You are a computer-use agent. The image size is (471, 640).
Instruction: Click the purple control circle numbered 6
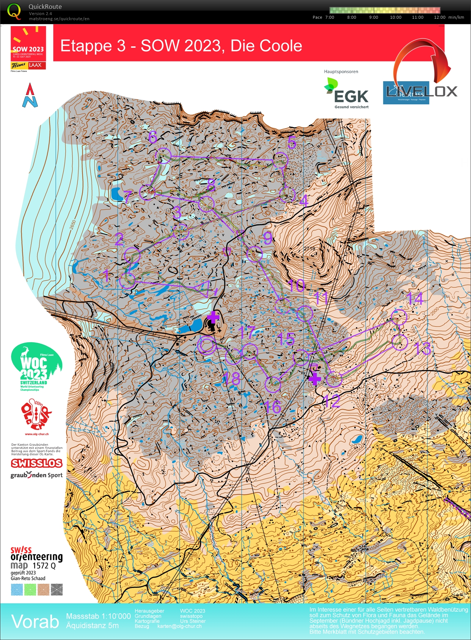coord(164,156)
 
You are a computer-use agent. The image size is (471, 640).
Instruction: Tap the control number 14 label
coord(415,299)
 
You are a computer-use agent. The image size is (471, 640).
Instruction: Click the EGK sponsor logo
coord(346,94)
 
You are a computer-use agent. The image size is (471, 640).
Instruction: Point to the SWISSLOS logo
coord(37,463)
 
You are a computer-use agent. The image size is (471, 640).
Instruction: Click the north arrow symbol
coord(30,95)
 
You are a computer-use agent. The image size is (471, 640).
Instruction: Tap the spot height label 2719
coord(309,249)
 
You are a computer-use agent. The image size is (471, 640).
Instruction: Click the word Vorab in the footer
coord(35,622)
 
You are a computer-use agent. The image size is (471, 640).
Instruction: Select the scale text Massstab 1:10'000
coord(98,616)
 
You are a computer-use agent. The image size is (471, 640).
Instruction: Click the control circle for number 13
coord(399,342)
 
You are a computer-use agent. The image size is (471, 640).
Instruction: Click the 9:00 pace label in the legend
coord(373,17)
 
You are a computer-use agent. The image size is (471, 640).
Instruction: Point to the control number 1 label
coord(106,275)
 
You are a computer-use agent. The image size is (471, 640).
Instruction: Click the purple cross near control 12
coord(315,379)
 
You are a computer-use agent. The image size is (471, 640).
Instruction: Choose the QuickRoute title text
coord(45,7)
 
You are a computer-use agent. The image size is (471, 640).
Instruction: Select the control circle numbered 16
coord(273,384)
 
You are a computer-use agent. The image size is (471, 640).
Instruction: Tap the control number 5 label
coord(292,142)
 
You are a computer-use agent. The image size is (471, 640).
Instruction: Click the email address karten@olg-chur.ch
coord(179,626)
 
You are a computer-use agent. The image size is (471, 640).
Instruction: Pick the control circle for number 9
coord(254,254)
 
